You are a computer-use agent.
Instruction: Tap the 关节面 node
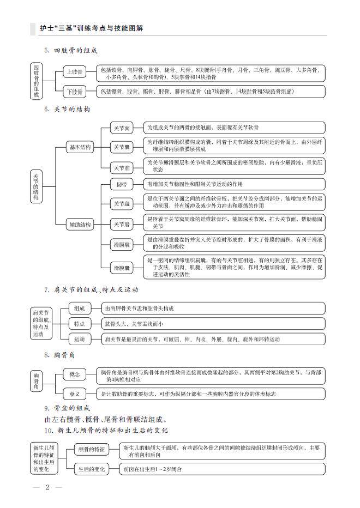121,128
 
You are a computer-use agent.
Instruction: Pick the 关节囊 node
121,147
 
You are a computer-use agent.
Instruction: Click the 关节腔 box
121,167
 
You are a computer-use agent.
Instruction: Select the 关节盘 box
121,204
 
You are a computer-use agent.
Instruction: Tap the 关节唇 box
121,224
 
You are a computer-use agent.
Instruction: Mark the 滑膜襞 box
121,244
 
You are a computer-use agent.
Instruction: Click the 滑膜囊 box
121,268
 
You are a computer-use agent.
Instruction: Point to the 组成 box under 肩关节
80,309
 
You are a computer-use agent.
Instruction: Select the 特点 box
80,324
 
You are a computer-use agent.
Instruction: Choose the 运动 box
80,339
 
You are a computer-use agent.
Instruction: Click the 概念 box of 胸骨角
75,374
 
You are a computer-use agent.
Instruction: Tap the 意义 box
75,394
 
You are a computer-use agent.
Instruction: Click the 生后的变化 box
91,469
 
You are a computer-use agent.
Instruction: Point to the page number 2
47,487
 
